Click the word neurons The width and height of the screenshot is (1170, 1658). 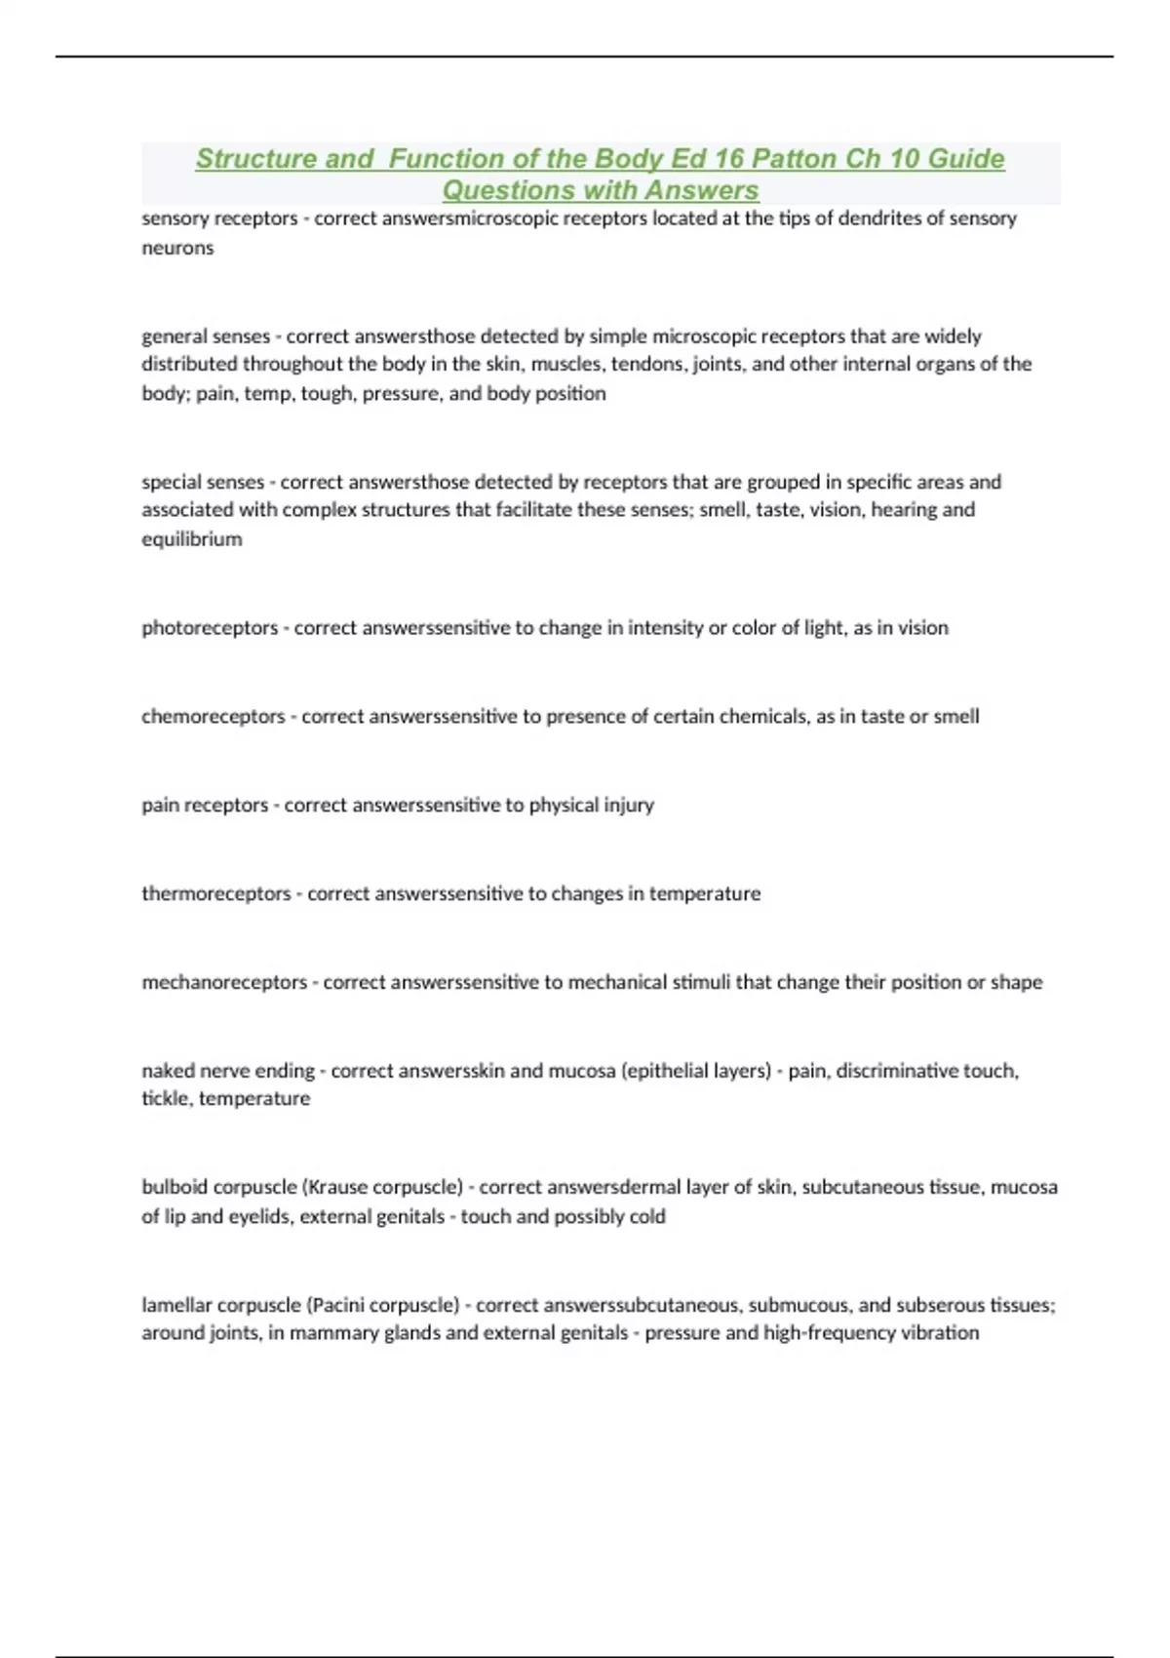click(x=177, y=248)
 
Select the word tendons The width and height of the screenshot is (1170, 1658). click(x=641, y=364)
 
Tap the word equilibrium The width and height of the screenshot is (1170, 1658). click(x=191, y=539)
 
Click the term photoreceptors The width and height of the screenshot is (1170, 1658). click(x=210, y=628)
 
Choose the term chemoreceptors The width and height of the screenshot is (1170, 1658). click(x=214, y=717)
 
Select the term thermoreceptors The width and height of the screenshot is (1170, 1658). click(x=216, y=894)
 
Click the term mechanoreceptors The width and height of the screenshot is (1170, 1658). click(x=224, y=982)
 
